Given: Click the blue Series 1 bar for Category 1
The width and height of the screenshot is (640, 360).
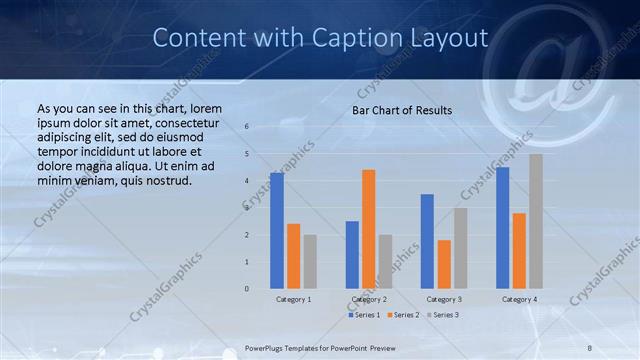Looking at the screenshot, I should point(277,231).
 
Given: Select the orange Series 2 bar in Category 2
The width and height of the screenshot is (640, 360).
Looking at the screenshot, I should point(368,229).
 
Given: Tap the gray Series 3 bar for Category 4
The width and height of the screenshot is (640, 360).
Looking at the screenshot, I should point(536,221).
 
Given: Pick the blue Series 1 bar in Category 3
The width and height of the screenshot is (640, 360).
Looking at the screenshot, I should point(427,241).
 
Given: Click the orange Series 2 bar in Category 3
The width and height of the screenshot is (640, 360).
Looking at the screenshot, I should point(444,264).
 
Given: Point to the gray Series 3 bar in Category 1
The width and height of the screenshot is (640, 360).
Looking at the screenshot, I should point(310,262).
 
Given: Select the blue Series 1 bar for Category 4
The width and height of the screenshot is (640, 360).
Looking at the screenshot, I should point(502,228).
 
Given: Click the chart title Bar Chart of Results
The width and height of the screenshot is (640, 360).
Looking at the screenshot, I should point(402,110).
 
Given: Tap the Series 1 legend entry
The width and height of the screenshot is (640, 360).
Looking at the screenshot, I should point(363,315).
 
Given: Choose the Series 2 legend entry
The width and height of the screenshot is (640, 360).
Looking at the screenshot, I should point(403,315).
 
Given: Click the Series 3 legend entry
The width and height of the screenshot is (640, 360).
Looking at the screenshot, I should point(443,315).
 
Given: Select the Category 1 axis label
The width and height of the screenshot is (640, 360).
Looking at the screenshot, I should point(293,299).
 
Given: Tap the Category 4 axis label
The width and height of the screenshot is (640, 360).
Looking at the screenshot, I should point(519,299).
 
